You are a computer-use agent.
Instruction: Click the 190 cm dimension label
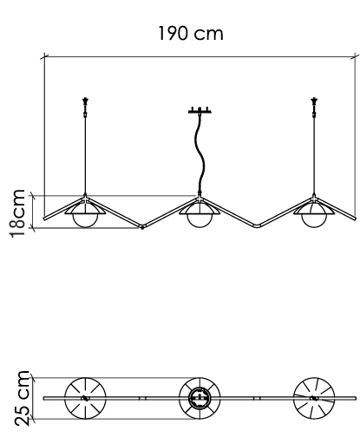[x=191, y=33]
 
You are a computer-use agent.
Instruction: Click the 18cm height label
[x=17, y=213]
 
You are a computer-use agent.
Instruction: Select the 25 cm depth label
[x=22, y=398]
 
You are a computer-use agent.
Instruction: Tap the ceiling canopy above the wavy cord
[x=200, y=110]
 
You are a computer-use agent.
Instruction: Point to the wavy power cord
[x=200, y=153]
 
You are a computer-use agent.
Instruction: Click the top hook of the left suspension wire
[x=85, y=101]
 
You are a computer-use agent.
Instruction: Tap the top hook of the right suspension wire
[x=314, y=101]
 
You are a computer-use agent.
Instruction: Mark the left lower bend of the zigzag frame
[x=142, y=226]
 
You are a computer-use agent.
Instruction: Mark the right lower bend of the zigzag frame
[x=257, y=225]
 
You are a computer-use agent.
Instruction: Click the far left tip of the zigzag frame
[x=44, y=218]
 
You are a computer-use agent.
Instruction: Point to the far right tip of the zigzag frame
[x=355, y=218]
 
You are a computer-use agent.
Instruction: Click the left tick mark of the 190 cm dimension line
[x=44, y=56]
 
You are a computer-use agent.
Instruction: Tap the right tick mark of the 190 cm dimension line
[x=355, y=56]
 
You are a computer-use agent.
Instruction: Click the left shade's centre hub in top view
[x=85, y=398]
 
